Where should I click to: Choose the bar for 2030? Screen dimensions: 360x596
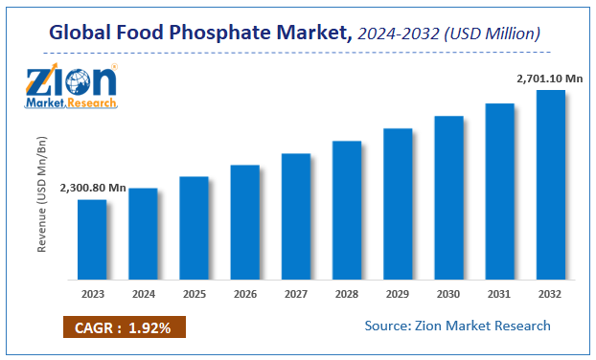(x=448, y=198)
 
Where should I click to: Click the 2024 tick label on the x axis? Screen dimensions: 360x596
(x=143, y=293)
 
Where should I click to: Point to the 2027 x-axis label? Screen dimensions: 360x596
(x=295, y=293)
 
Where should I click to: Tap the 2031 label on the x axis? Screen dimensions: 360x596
(x=499, y=293)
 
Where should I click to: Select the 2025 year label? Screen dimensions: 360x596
(x=194, y=293)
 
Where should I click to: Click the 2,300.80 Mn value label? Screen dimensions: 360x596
(x=91, y=188)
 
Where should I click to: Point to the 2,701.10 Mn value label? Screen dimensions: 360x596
(x=549, y=77)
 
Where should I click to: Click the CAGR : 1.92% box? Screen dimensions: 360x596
(x=125, y=327)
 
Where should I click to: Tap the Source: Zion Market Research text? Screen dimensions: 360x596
(x=457, y=326)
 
